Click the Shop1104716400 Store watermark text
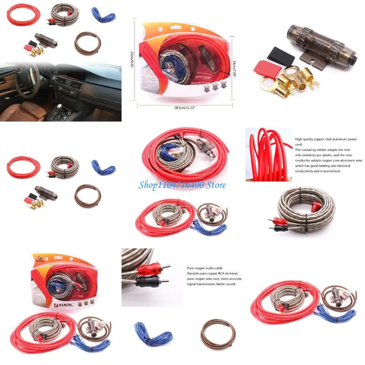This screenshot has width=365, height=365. click(182, 185)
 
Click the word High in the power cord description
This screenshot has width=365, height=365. click(299, 139)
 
